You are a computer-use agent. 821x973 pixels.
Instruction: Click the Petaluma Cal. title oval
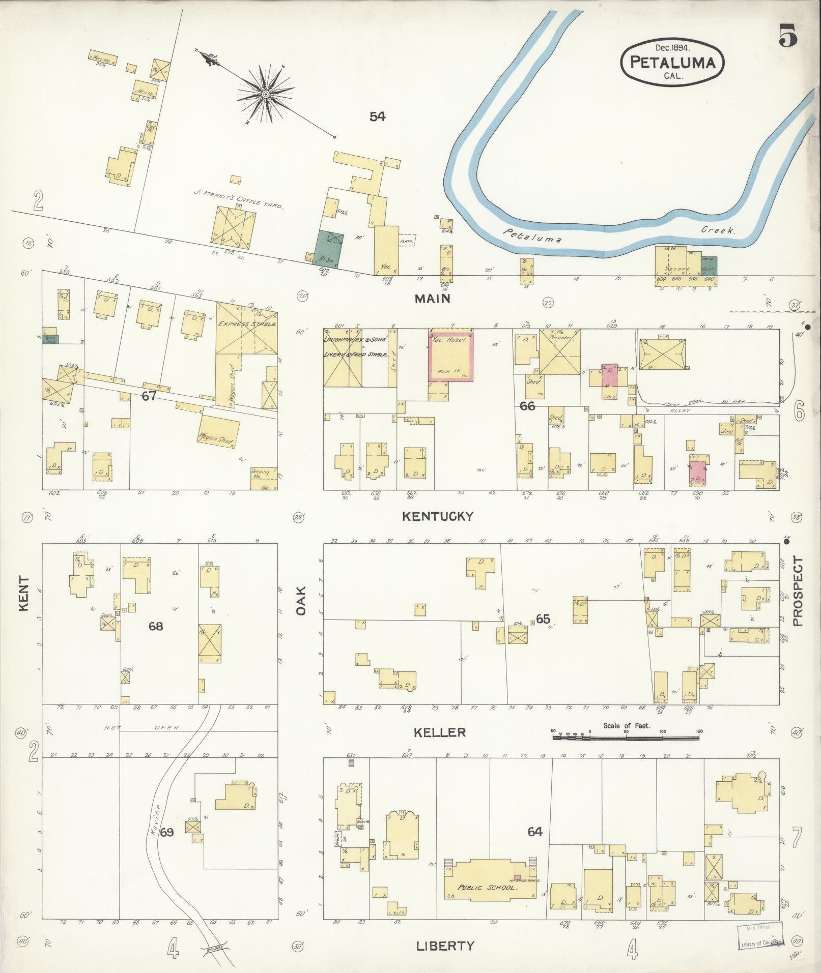coord(672,63)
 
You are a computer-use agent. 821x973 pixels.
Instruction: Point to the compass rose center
coord(265,95)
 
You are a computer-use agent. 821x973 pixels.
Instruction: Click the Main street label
coord(432,299)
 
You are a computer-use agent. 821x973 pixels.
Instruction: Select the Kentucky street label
coord(437,516)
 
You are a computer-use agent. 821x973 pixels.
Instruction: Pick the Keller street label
coord(439,732)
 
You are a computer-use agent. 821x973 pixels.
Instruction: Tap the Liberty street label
coord(445,946)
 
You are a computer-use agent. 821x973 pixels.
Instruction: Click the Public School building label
coord(488,887)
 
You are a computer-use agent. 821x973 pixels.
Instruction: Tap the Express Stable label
coord(246,323)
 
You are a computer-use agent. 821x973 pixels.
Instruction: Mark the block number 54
coord(377,116)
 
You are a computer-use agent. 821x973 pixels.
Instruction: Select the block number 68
coord(156,626)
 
